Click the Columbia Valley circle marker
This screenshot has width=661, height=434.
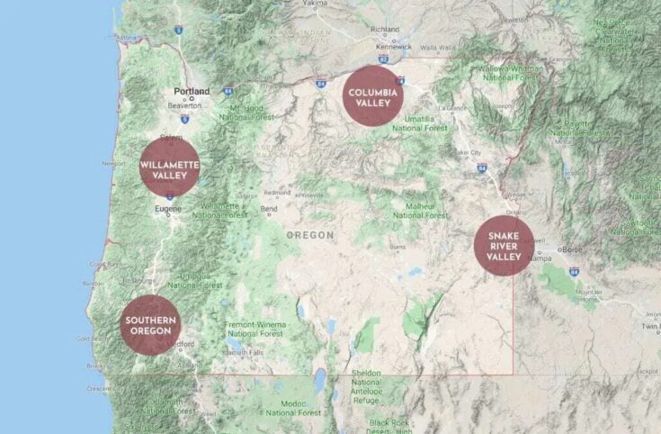pos(372,95)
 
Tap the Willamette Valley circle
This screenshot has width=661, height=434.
pos(169,167)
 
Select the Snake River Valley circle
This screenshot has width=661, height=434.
pos(504,245)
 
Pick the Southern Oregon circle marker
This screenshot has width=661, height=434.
pos(150,324)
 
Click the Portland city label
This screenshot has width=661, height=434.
pos(192,91)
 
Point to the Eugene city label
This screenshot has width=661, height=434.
pos(169,208)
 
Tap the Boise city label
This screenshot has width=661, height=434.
pos(573,249)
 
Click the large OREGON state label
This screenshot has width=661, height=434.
pos(309,235)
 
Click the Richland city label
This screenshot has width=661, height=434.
pos(385,29)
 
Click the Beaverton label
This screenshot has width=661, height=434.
pos(184,105)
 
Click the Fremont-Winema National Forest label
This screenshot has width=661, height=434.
pos(257,329)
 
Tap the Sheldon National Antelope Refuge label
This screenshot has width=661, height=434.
pos(367,382)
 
